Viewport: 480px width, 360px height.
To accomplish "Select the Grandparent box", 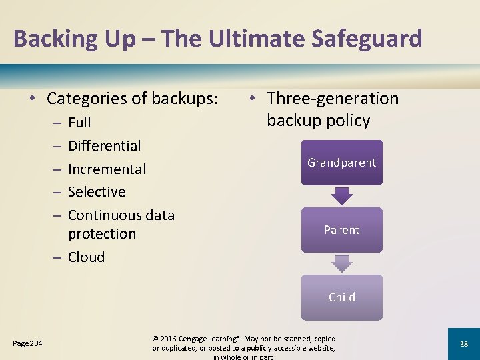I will (341, 163).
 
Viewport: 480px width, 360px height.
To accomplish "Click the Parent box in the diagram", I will (341, 230).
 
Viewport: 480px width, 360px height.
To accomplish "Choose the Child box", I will (341, 297).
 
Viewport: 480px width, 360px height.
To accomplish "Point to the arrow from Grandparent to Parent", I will (341, 195).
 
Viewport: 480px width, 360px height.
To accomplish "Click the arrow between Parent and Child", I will (341, 263).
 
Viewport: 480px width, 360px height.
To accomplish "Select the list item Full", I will (79, 123).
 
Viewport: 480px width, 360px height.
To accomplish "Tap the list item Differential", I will (105, 146).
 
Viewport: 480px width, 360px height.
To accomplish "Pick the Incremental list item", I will (107, 169).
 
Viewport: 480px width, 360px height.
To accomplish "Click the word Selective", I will (97, 192).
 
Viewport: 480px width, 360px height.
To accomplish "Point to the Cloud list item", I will (86, 257).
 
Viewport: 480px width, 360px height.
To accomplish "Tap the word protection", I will (101, 234).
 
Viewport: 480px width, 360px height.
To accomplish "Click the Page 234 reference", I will (27, 343).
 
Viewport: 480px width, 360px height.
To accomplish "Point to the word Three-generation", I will (332, 99).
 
